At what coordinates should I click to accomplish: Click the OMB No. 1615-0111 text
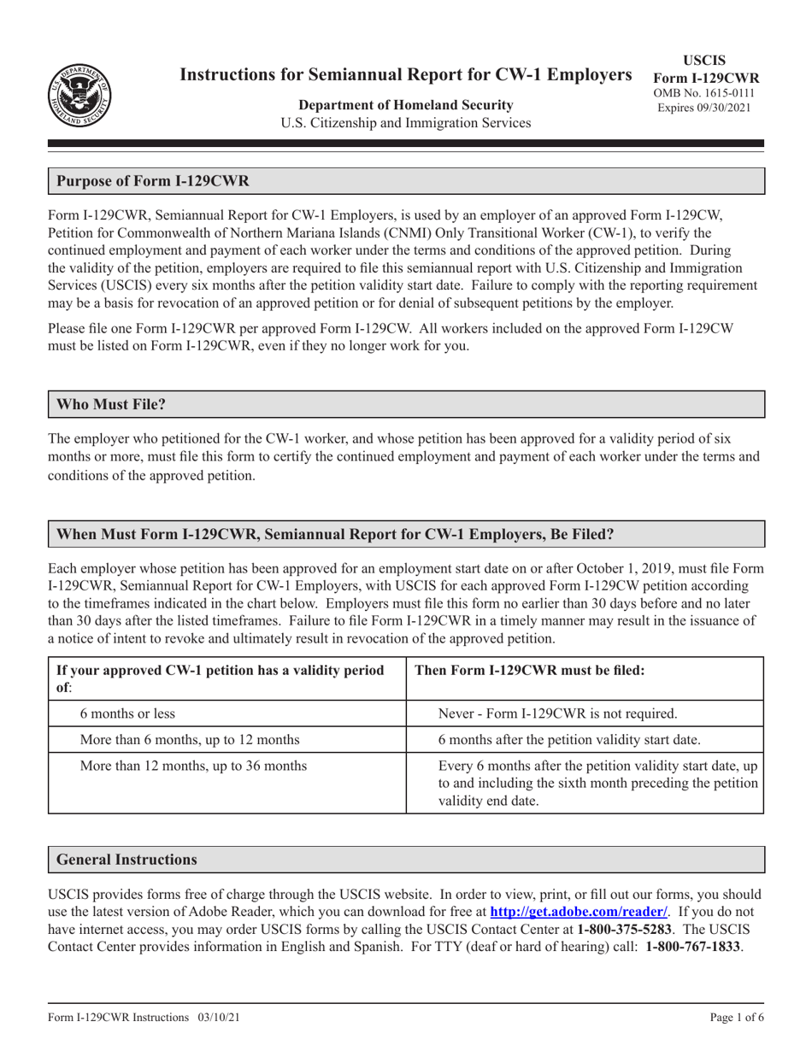[705, 92]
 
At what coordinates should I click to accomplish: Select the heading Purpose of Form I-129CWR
[153, 181]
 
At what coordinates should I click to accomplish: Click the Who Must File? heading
[110, 404]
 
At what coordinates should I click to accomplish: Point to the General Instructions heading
[127, 860]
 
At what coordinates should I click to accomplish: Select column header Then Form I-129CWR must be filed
[528, 671]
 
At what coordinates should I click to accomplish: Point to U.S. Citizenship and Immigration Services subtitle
[406, 123]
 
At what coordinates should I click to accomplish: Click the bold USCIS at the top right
[705, 60]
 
